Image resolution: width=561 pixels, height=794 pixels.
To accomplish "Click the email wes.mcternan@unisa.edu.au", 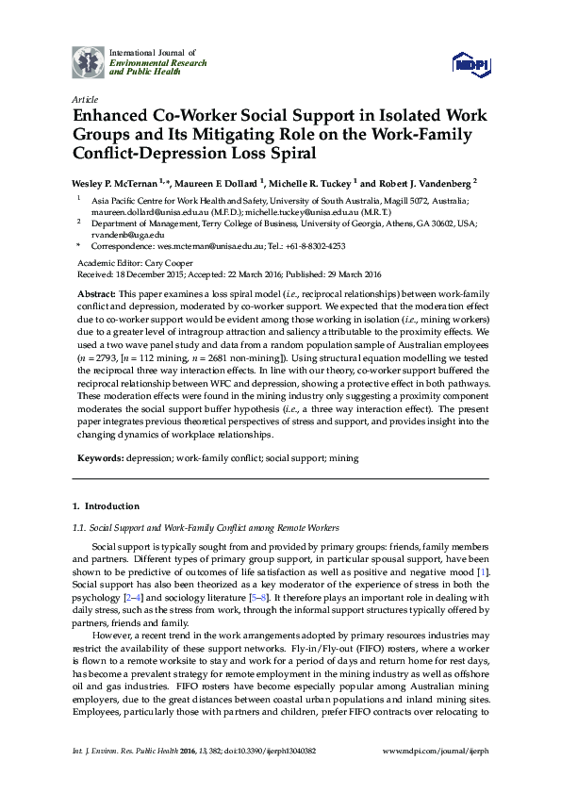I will point(205,245).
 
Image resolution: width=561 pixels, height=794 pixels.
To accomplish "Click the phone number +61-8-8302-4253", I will point(312,245).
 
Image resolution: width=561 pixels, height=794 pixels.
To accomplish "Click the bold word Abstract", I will point(96,294).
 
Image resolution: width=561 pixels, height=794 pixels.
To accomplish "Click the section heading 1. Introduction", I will point(107,506).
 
